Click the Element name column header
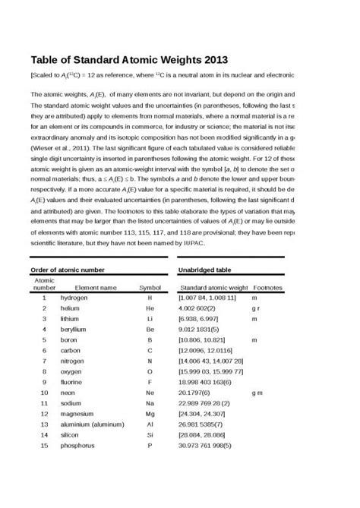click(96, 289)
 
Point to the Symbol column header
click(150, 289)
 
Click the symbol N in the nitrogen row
click(150, 362)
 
